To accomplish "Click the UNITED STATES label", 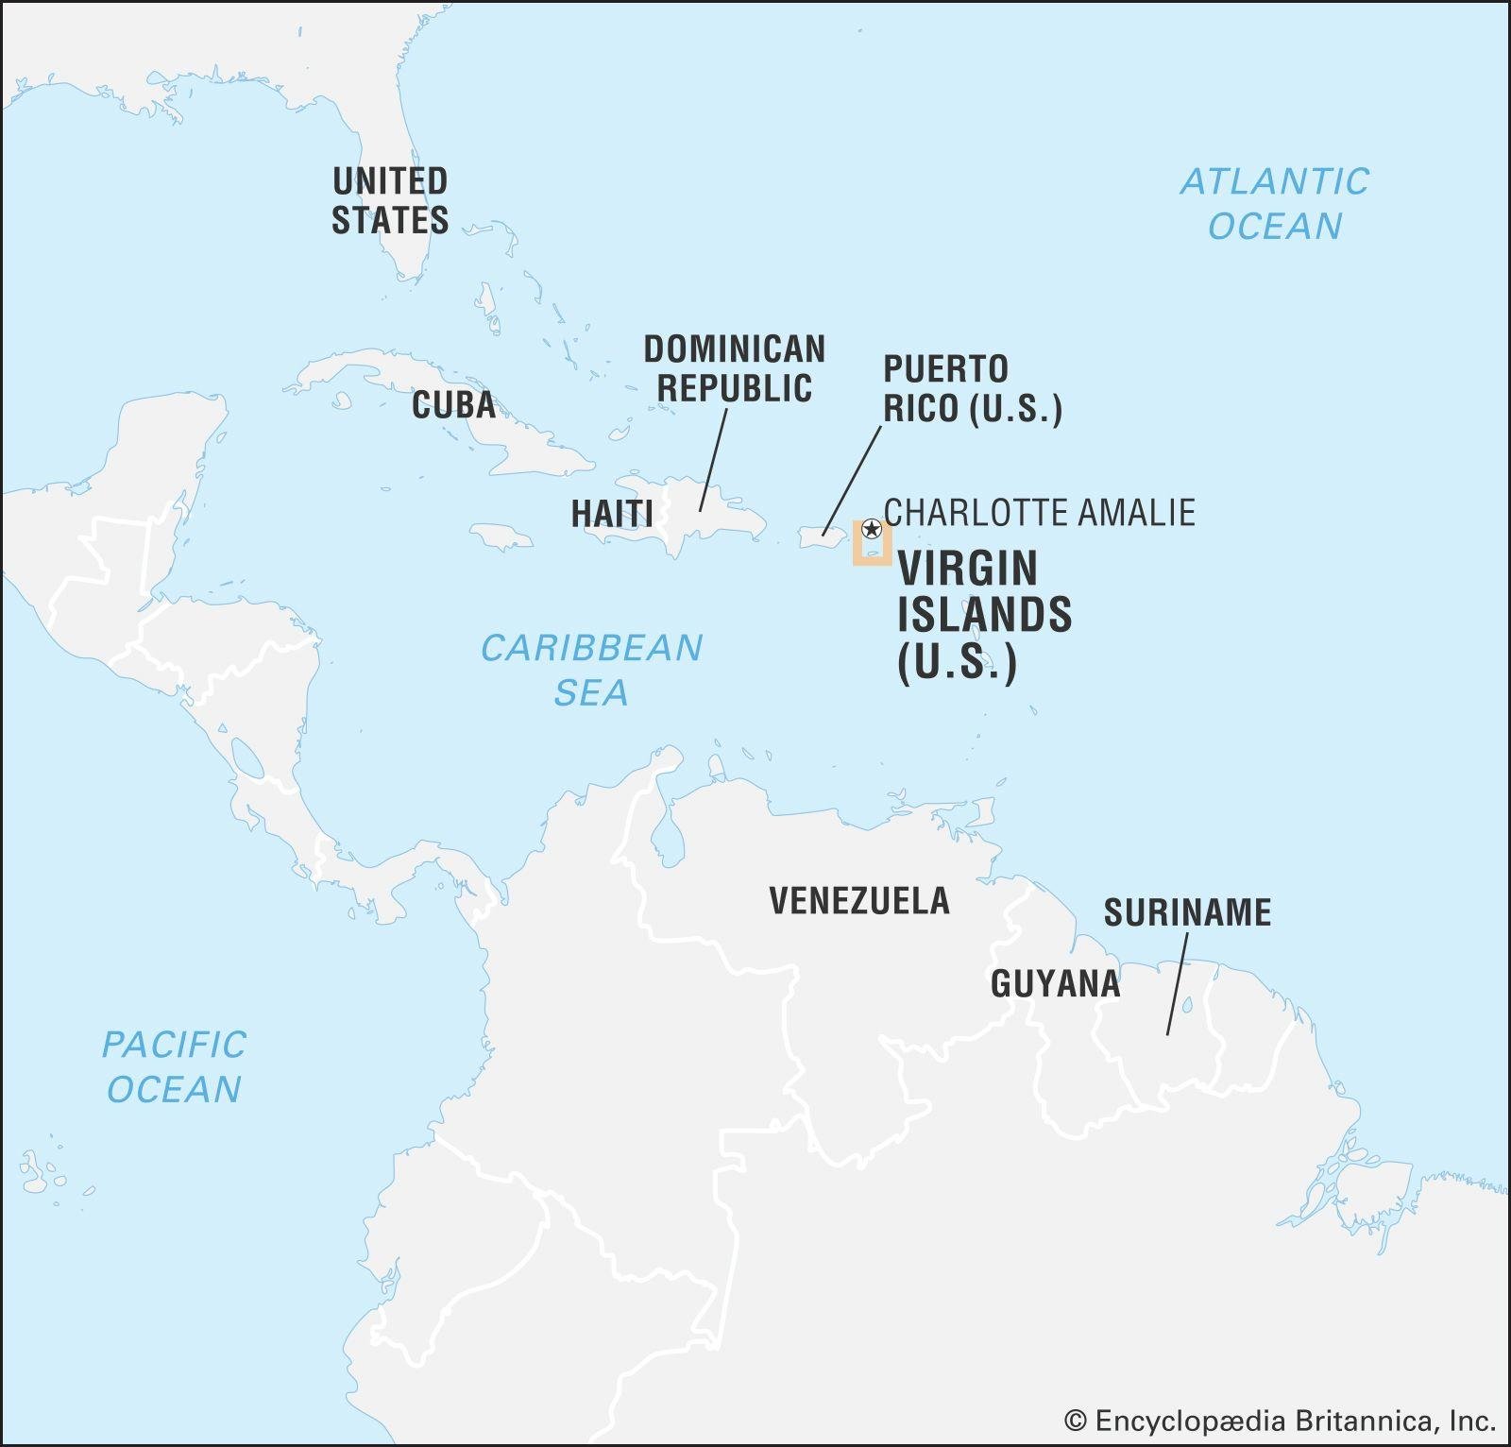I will (389, 200).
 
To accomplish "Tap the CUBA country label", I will (453, 405).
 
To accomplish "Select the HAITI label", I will (612, 514).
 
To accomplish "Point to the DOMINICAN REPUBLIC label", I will (734, 368).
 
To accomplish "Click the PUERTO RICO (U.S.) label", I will (972, 388).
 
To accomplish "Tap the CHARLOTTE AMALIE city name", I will (1039, 513).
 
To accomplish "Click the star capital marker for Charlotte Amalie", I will (872, 529).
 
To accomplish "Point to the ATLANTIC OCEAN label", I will (1274, 203).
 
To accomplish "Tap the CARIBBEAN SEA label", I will (591, 670).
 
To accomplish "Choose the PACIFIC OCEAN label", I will (174, 1066).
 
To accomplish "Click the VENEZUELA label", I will (858, 901).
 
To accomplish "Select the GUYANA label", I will (1055, 984).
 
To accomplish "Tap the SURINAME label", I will (1187, 912).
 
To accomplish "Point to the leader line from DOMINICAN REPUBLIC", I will (713, 460).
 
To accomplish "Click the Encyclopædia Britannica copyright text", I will (1280, 1421).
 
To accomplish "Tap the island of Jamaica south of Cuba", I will (501, 538).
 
